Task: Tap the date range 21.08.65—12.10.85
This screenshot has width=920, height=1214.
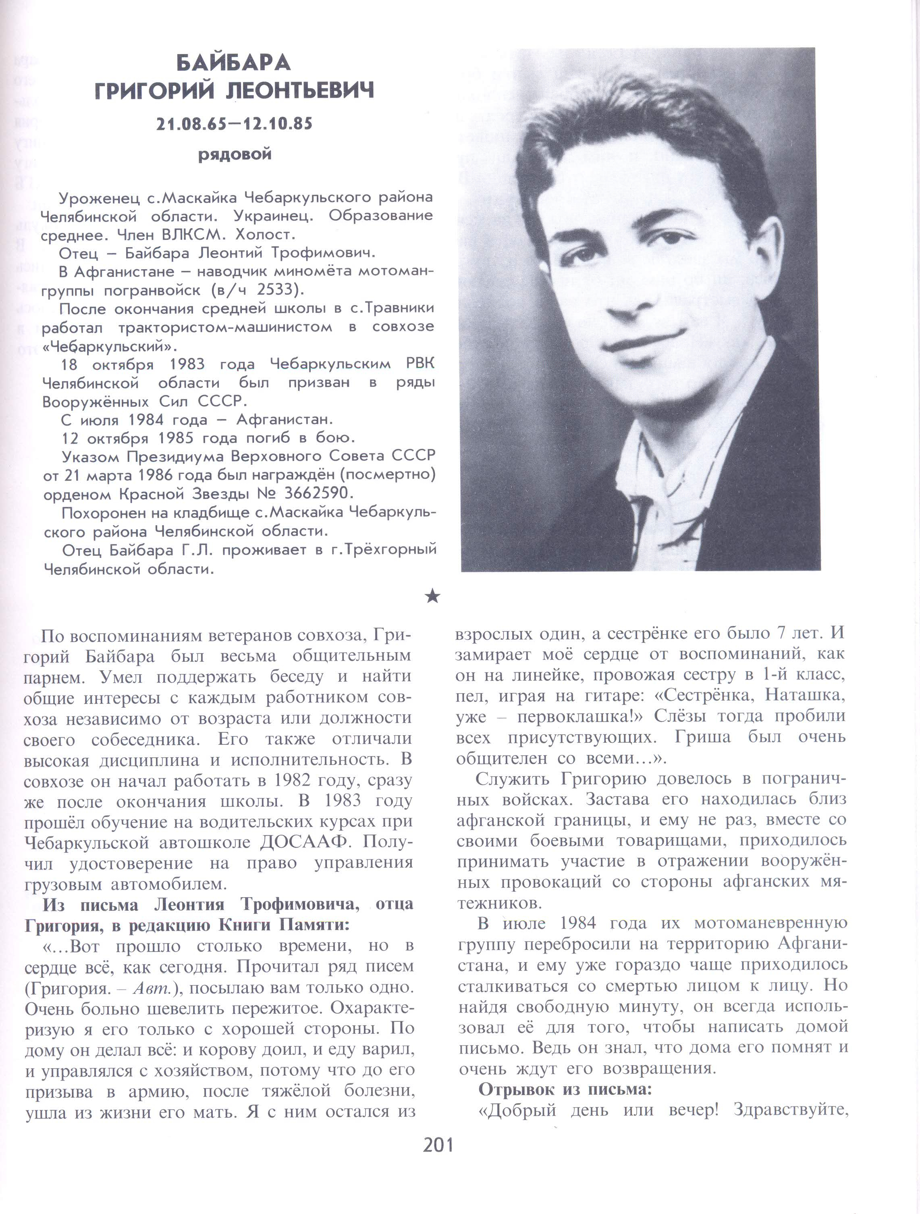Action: tap(234, 124)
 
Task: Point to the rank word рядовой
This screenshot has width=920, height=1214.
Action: tap(235, 155)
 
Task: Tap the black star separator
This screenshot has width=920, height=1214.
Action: tap(433, 596)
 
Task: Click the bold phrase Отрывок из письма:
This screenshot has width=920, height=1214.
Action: tap(565, 1089)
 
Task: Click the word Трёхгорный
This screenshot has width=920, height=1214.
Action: tap(390, 550)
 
